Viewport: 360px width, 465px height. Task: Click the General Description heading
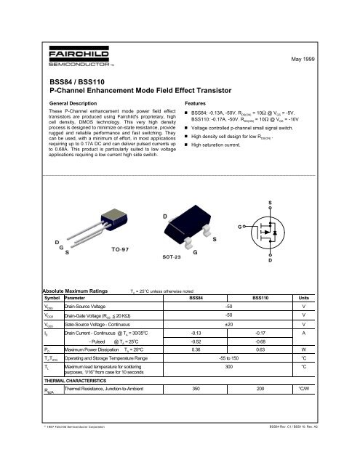(x=72, y=105)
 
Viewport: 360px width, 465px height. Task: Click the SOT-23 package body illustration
(x=182, y=227)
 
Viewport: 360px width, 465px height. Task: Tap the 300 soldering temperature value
(x=229, y=367)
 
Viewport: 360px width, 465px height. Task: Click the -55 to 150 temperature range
(x=229, y=357)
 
